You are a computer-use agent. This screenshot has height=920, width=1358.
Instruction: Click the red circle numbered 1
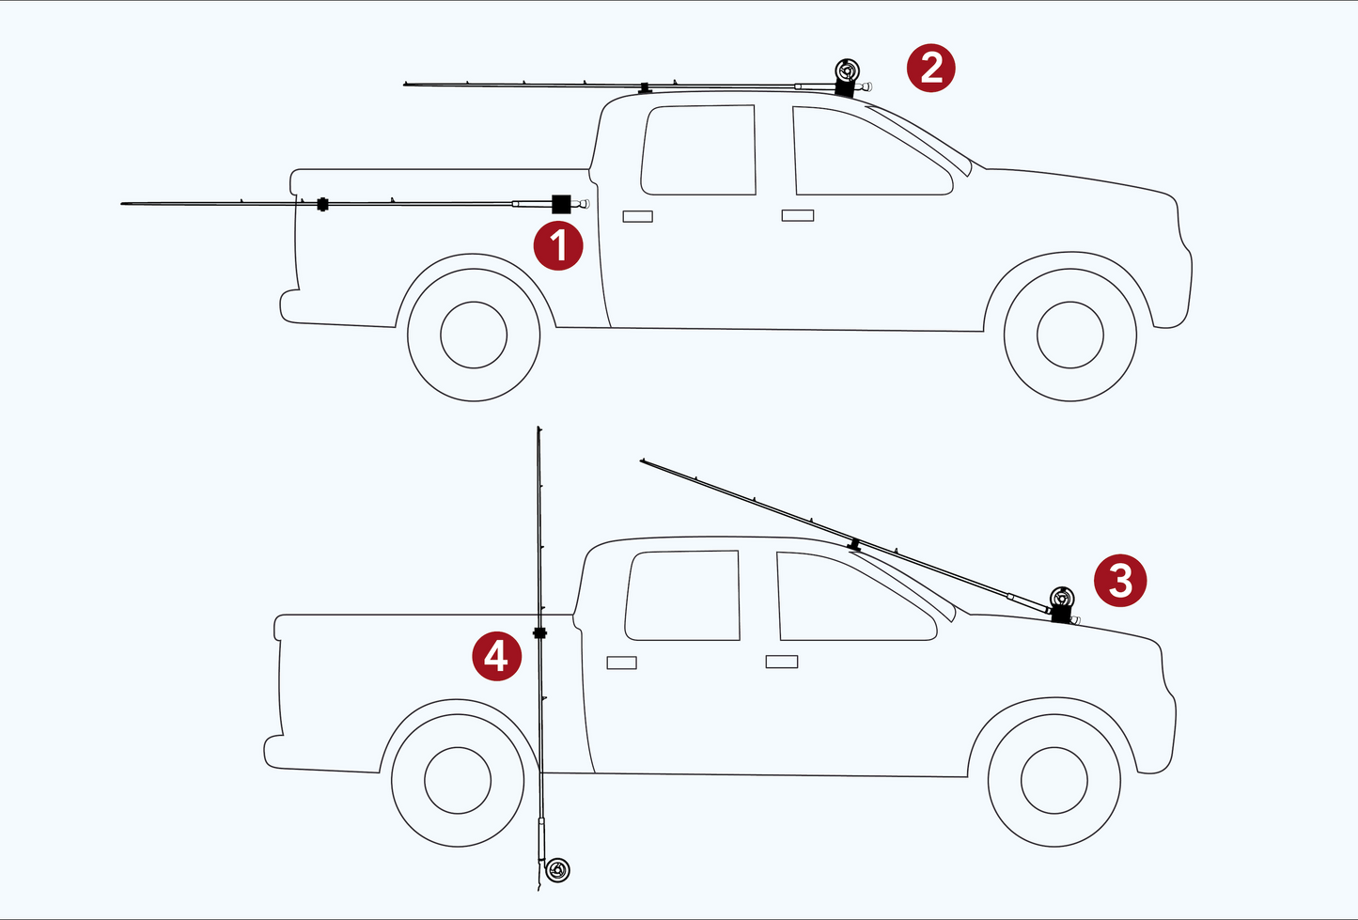[x=557, y=246]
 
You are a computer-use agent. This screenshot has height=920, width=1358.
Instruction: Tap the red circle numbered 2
[x=930, y=68]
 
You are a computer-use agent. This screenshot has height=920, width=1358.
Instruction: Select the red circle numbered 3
[x=1119, y=580]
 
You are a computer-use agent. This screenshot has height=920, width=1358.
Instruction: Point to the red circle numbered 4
[x=496, y=656]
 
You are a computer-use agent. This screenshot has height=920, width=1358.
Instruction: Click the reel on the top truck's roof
[x=847, y=70]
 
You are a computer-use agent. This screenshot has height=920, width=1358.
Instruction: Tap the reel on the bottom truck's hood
[x=1062, y=599]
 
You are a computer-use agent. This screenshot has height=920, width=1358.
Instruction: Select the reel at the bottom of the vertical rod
[x=557, y=871]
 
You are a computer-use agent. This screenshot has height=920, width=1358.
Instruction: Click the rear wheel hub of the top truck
[x=474, y=335]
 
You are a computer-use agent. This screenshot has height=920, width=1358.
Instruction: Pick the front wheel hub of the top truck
[x=1070, y=335]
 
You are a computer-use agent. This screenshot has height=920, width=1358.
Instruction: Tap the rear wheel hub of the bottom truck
[x=458, y=780]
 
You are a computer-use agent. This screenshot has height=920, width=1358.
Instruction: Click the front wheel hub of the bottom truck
[x=1054, y=780]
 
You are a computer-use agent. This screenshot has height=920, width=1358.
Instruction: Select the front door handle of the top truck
[x=798, y=215]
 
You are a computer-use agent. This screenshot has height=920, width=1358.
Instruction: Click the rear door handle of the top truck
[x=638, y=216]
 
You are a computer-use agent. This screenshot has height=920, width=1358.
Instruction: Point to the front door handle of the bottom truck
[x=782, y=662]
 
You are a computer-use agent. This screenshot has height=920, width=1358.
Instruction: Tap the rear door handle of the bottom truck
[x=621, y=663]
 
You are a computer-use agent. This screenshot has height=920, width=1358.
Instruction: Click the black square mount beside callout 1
[x=561, y=204]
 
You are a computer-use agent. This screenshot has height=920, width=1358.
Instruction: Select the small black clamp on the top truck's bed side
[x=322, y=204]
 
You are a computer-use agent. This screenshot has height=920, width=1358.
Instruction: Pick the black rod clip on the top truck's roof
[x=645, y=88]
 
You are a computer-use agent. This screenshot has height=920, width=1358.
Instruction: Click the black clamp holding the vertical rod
[x=539, y=633]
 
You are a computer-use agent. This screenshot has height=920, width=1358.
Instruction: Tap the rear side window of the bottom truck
[x=682, y=595]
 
